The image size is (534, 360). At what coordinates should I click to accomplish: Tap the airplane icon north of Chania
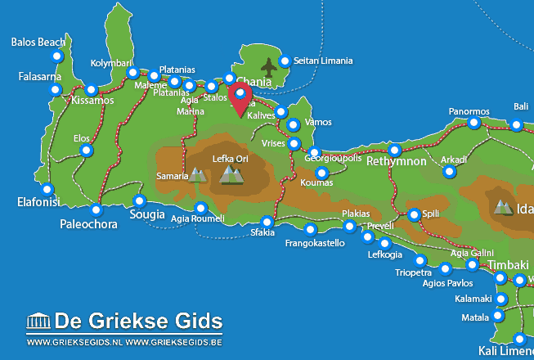(x=268, y=65)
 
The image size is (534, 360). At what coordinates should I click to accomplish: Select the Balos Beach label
(x=38, y=42)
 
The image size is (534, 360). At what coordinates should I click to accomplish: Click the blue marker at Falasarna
(x=56, y=88)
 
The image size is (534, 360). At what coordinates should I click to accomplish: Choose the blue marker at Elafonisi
(x=47, y=188)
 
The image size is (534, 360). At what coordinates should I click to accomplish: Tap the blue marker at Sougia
(x=139, y=200)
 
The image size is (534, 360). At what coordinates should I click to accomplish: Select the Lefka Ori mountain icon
(x=231, y=173)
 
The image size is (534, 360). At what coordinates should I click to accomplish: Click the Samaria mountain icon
(x=197, y=174)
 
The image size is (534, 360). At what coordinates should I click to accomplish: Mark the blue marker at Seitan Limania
(x=285, y=61)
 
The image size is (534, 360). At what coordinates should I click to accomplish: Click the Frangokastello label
(x=315, y=243)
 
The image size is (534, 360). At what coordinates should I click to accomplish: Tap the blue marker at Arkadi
(x=449, y=171)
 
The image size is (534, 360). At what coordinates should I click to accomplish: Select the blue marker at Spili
(x=414, y=214)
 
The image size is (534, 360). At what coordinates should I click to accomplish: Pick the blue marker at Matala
(x=497, y=316)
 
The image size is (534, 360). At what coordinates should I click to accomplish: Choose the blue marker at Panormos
(x=473, y=123)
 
